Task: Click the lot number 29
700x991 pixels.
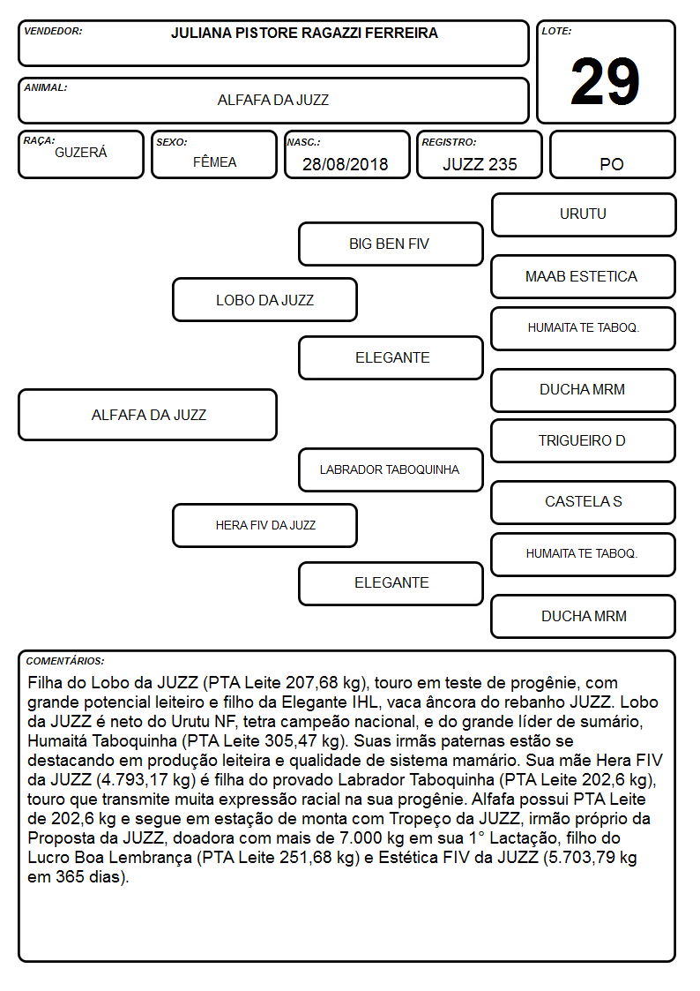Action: point(605,81)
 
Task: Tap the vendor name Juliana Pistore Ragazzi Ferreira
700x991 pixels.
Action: point(304,33)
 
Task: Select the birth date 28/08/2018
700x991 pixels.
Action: point(346,164)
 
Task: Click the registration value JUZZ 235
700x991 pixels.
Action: point(480,164)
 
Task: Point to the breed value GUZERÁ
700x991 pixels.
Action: point(81,152)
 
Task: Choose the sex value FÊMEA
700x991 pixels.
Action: point(214,161)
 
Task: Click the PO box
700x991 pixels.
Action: point(612,154)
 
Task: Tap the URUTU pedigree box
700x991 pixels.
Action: point(584,215)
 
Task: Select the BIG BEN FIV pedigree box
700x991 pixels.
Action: point(391,244)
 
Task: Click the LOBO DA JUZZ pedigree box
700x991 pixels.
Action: point(264,299)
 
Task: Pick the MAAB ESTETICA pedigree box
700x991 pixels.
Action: point(584,276)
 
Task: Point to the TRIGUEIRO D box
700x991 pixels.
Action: point(584,440)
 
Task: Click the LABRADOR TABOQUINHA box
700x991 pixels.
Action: point(391,469)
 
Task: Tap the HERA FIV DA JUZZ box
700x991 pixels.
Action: point(264,525)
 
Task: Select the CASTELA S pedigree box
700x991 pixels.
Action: point(584,502)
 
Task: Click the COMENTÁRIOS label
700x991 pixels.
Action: point(65,661)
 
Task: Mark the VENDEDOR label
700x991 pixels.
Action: point(53,31)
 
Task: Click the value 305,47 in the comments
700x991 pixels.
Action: point(286,740)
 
